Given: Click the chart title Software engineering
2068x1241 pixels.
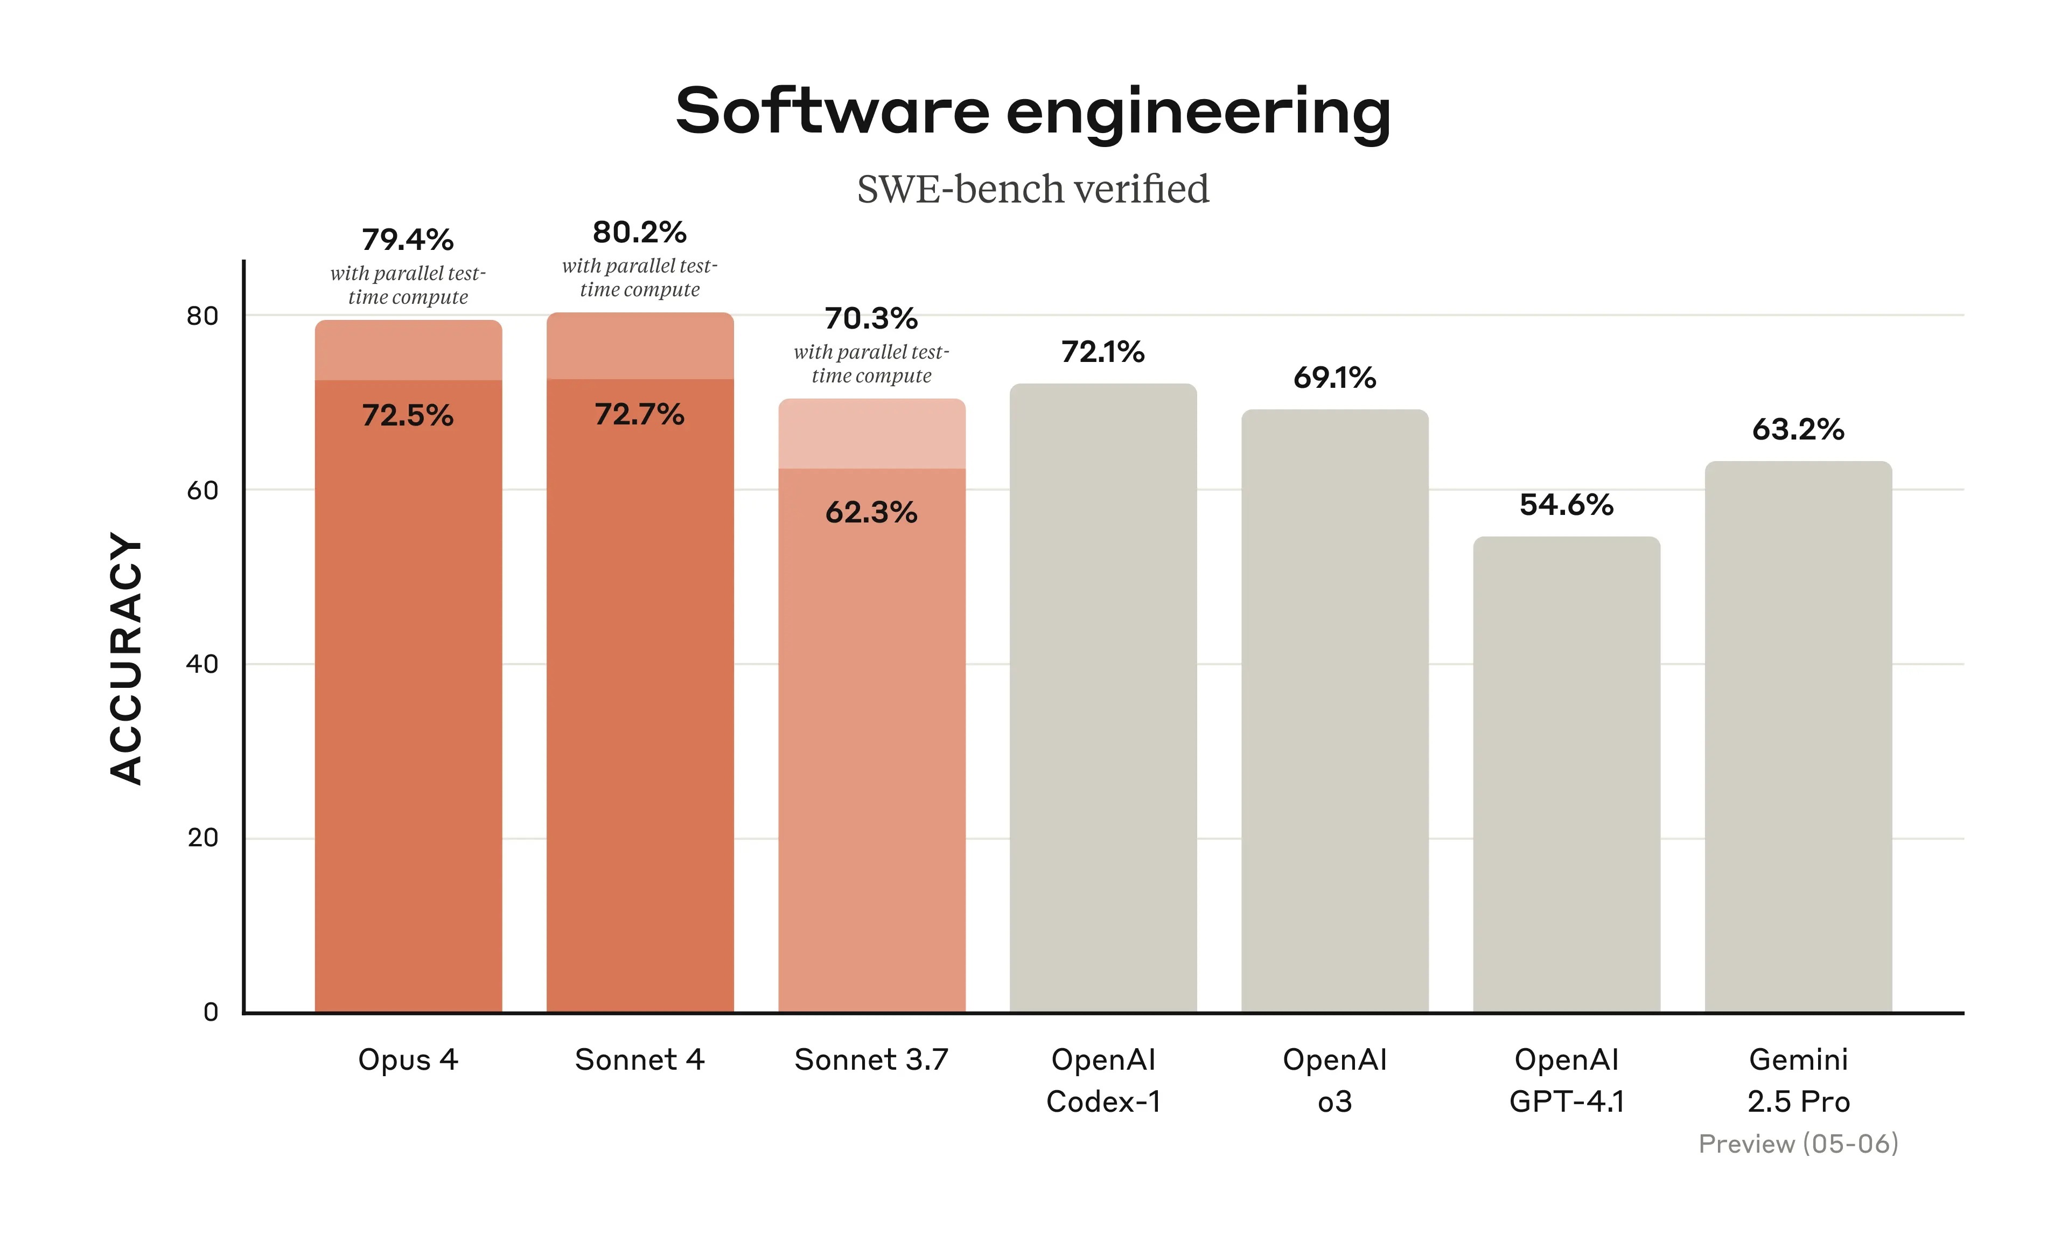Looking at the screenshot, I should coord(1032,111).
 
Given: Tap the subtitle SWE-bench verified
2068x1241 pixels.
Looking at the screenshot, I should coord(1032,189).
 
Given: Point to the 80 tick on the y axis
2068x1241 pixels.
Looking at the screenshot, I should coord(202,316).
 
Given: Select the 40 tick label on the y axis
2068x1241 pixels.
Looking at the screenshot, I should coord(202,664).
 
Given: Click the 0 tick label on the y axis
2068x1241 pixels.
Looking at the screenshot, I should coord(211,1012).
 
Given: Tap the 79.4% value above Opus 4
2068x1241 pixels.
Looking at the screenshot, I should coord(408,240).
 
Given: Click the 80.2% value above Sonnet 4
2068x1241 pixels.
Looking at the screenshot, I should coord(639,233).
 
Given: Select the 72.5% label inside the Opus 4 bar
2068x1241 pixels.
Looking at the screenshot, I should coord(408,415).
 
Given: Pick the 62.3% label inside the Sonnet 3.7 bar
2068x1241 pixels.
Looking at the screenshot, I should coord(871,512).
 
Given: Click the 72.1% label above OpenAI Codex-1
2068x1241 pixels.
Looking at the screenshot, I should coord(1102,352).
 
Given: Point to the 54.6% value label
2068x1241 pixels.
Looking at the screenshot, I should coord(1566,504).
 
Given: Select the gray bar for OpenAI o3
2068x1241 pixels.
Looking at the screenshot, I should coord(1334,711).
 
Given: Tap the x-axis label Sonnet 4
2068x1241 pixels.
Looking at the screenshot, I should coord(639,1059).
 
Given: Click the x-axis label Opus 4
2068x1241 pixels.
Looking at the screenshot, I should coord(408,1059).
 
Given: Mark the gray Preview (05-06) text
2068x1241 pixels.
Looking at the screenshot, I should coord(1798,1143).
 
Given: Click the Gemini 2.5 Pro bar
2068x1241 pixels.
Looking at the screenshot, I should coord(1798,736).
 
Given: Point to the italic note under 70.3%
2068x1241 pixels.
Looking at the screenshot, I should coord(871,364).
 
